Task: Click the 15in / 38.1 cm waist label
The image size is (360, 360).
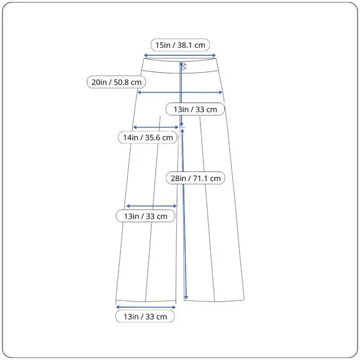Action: [180, 45]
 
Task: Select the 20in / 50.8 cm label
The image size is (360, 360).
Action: [116, 82]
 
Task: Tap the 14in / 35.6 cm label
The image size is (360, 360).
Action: [148, 138]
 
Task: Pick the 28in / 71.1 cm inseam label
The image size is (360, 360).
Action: [196, 178]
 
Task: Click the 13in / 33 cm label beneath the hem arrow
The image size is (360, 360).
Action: [145, 317]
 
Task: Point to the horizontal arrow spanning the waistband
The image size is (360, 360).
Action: [180, 55]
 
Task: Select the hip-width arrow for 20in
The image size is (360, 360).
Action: [180, 92]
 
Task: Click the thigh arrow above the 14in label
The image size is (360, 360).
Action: [156, 127]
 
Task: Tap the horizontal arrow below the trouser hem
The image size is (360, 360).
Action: [146, 307]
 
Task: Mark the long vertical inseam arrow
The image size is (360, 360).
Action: [184, 214]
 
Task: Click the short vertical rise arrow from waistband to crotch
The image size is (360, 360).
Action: [181, 94]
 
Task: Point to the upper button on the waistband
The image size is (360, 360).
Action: [184, 65]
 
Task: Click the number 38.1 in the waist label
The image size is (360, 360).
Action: [184, 45]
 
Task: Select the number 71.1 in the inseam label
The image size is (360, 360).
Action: [200, 178]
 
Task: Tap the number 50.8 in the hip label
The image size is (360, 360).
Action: [121, 82]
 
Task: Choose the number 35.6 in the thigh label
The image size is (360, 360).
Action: [152, 138]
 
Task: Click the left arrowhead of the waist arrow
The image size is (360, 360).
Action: [145, 55]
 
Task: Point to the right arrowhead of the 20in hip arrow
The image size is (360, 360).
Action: [221, 92]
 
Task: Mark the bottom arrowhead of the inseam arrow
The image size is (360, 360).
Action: [186, 298]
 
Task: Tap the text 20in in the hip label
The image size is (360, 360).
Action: [99, 82]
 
